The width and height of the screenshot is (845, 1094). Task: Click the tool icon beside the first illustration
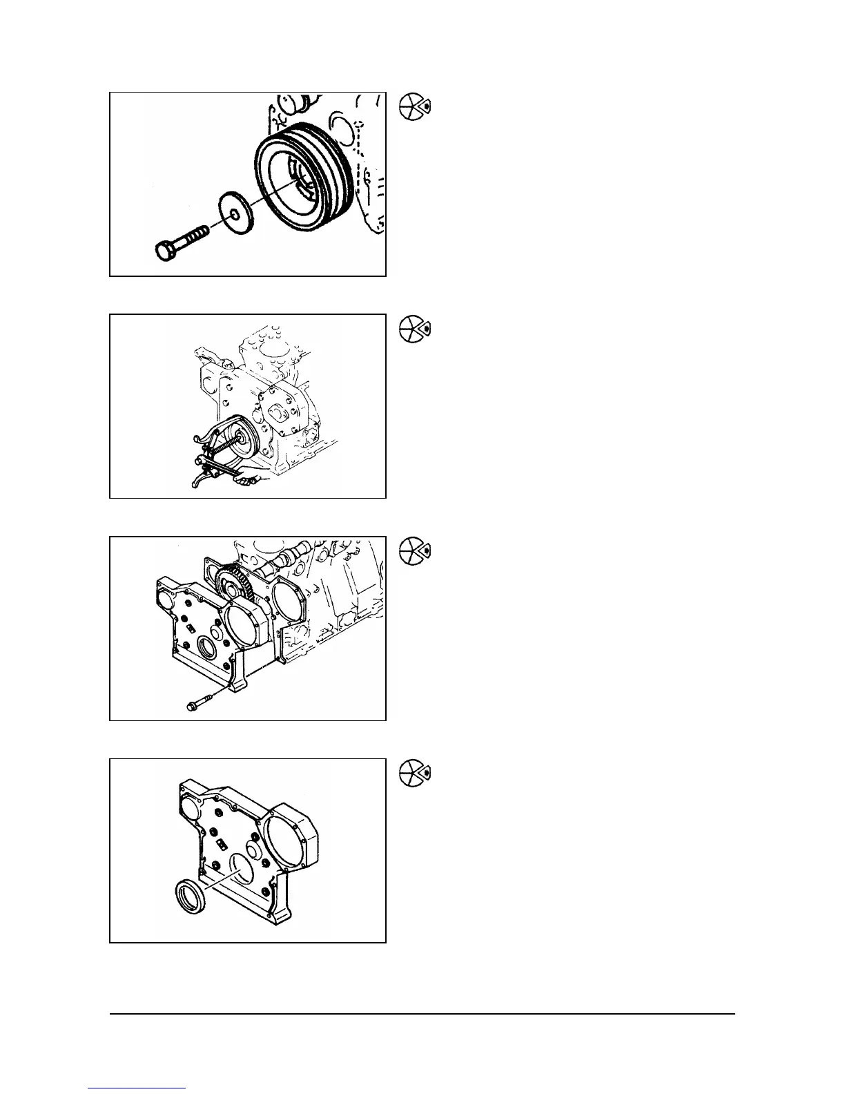coord(415,107)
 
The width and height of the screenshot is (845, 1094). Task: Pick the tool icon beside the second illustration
coord(415,329)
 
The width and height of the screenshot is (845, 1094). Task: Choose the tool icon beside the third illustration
coord(415,551)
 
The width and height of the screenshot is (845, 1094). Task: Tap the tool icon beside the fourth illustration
coord(415,774)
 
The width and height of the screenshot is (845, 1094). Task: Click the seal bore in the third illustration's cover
coord(207,649)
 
